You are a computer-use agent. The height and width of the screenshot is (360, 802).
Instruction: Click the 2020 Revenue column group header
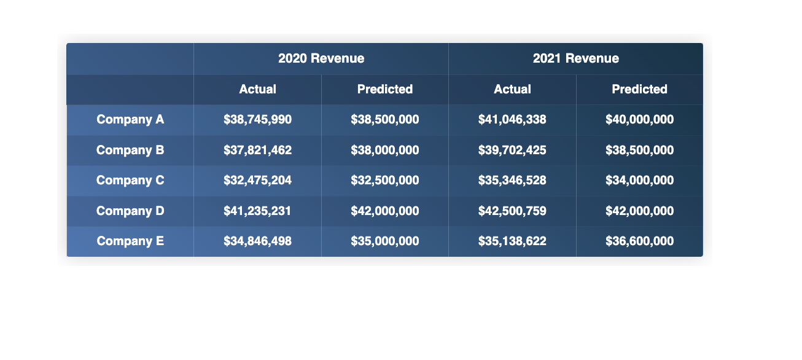tap(321, 58)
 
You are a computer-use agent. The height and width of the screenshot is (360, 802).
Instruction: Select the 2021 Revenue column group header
tap(575, 58)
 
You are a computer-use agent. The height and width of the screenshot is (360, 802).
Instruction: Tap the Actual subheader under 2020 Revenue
tap(257, 89)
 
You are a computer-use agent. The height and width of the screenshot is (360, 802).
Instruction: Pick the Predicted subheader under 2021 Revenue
tap(639, 89)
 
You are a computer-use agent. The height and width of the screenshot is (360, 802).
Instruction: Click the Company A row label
tap(130, 119)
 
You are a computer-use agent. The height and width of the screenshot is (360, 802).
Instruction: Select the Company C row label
tap(130, 180)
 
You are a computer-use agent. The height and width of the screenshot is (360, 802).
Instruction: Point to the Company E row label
tap(130, 241)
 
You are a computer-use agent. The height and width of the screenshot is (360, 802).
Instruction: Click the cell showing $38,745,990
tap(257, 119)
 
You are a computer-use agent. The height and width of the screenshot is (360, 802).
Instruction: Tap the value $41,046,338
tap(512, 119)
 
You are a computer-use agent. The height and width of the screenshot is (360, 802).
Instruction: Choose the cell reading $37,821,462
tap(257, 150)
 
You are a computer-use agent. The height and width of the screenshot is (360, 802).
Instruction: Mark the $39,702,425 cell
tap(512, 150)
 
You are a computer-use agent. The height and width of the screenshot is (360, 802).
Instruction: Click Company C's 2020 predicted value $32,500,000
tap(385, 180)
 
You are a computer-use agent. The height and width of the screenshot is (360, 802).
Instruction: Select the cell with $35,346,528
tap(512, 180)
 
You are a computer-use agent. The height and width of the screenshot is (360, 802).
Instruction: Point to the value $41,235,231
tap(257, 211)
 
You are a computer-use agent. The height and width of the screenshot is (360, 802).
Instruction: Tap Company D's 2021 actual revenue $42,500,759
tap(512, 211)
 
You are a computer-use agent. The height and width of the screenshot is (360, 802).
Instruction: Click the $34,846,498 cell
tap(257, 241)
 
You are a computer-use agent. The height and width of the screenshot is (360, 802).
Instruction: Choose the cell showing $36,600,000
tap(639, 241)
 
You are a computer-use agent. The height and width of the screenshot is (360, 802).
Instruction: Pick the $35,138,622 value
tap(512, 241)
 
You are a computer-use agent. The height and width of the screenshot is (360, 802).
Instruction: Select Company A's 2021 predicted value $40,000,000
tap(639, 119)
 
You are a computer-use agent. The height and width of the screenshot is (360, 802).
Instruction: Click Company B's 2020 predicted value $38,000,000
tap(385, 150)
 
